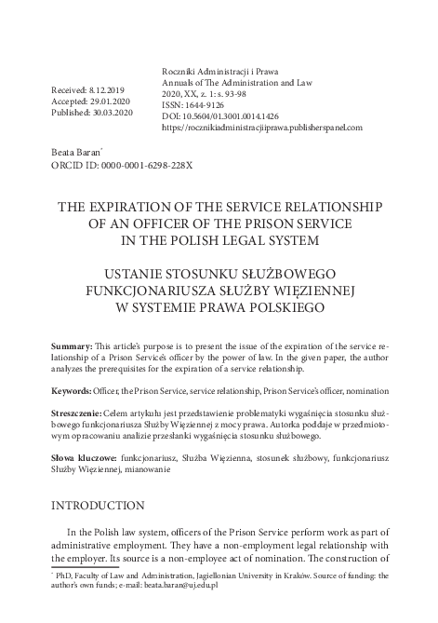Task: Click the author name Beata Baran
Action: click(76, 150)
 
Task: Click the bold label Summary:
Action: click(73, 346)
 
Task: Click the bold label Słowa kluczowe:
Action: click(84, 458)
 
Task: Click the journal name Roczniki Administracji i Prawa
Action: click(219, 71)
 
